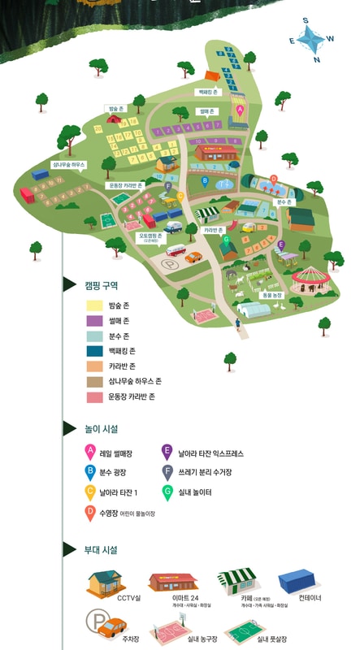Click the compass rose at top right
(x=310, y=39)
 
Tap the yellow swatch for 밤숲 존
(x=95, y=305)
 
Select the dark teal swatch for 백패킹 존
(x=95, y=351)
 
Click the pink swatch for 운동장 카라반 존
(x=95, y=396)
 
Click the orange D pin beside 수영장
(x=90, y=512)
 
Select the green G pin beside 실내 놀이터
(x=167, y=492)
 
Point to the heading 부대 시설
(x=102, y=550)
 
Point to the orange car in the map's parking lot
(x=193, y=257)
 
